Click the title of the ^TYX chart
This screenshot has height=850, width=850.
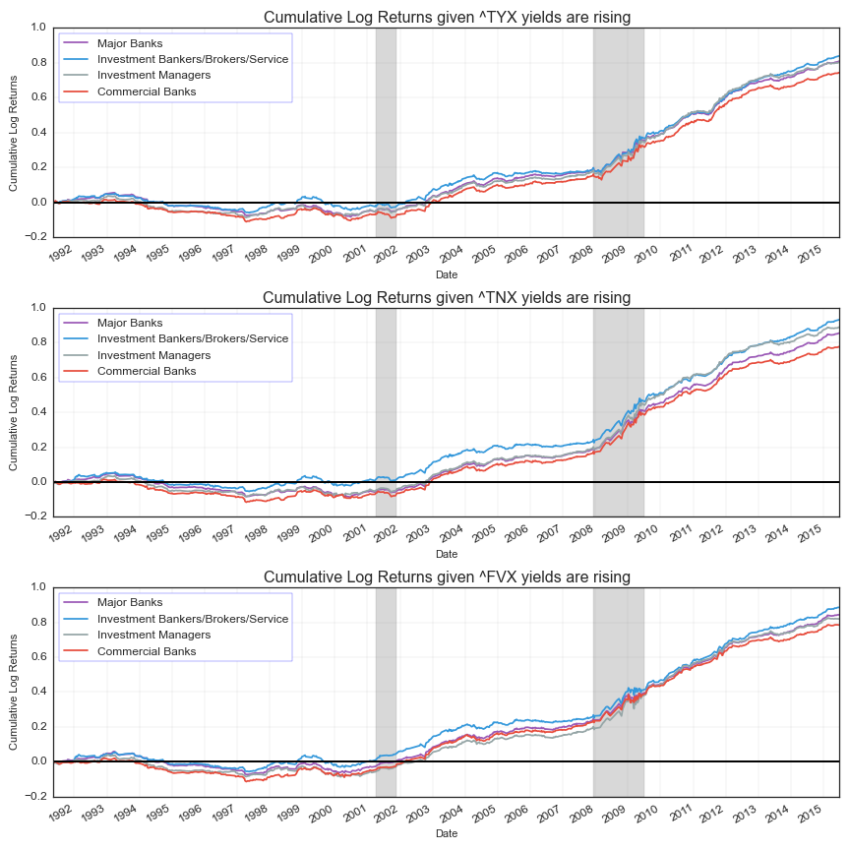[x=447, y=17]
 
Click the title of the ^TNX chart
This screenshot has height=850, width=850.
[x=447, y=297]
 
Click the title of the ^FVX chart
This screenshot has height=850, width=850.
[x=447, y=577]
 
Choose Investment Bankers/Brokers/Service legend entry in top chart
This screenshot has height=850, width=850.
[x=192, y=59]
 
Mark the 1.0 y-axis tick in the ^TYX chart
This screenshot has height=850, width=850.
[x=37, y=28]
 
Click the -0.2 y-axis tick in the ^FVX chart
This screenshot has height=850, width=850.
[x=35, y=796]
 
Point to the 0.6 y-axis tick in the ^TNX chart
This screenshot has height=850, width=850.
[x=37, y=377]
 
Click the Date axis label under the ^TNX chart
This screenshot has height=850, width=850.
[x=447, y=554]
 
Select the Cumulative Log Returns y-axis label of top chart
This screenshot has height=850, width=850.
[x=14, y=133]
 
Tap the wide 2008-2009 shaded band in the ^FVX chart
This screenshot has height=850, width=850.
[x=618, y=689]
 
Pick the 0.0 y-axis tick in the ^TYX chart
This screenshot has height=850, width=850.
[x=37, y=203]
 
